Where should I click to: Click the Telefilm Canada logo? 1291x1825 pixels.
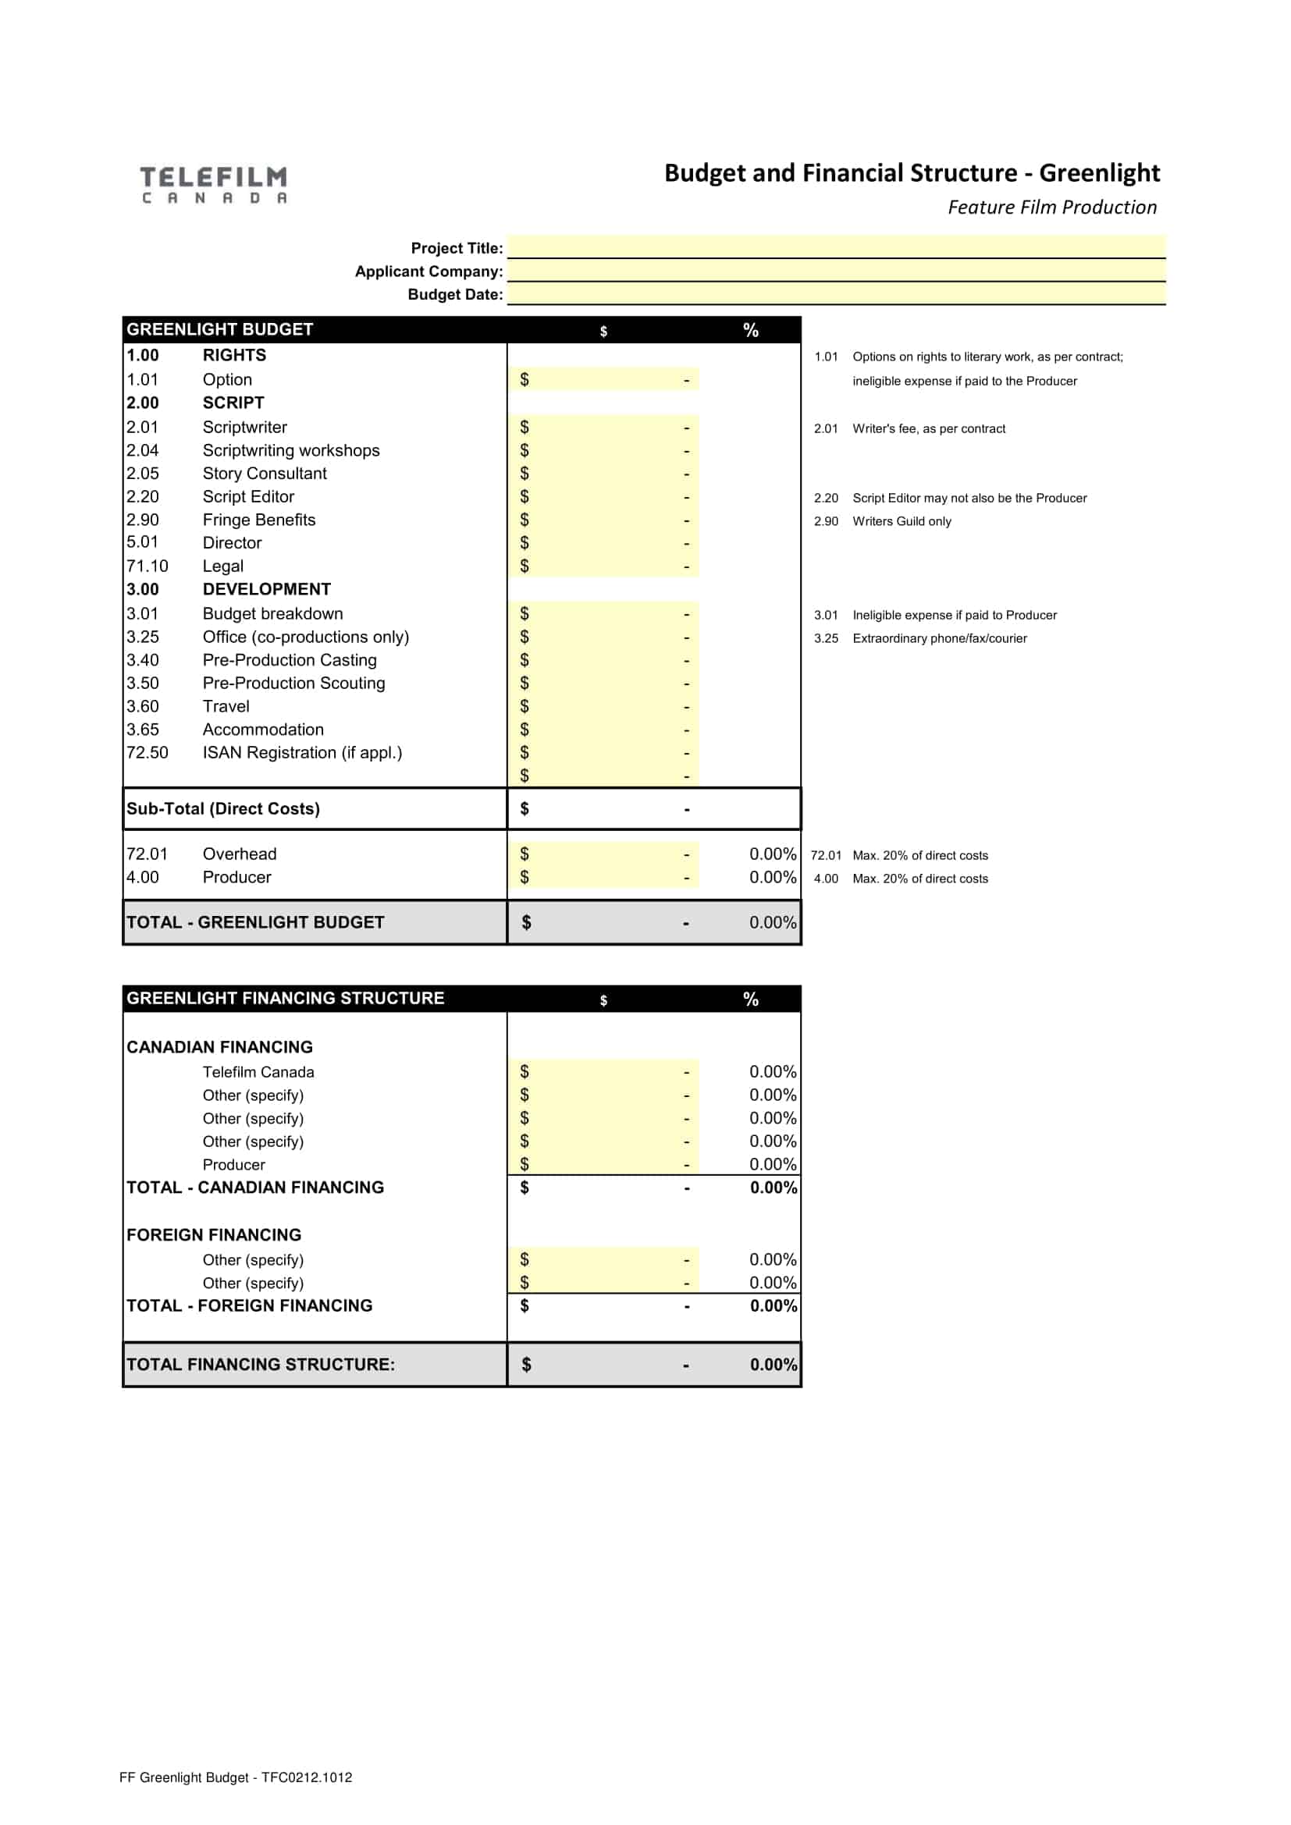click(x=214, y=184)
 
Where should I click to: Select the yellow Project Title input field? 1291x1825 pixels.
click(x=835, y=247)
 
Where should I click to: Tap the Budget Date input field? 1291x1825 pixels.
click(x=835, y=294)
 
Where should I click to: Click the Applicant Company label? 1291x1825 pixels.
click(x=429, y=271)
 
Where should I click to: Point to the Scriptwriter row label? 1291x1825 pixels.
click(x=244, y=427)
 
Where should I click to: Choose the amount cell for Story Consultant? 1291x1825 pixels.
click(x=603, y=474)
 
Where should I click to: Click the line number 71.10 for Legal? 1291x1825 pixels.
click(x=147, y=566)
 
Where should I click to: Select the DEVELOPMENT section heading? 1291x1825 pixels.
click(x=266, y=589)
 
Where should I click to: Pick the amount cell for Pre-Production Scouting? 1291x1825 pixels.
click(x=603, y=683)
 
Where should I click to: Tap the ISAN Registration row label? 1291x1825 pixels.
click(x=302, y=753)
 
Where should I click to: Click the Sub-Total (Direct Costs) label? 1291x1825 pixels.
click(x=222, y=808)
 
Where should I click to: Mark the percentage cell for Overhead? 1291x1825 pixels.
click(x=772, y=854)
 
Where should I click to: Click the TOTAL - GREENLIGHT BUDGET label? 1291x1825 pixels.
click(x=255, y=922)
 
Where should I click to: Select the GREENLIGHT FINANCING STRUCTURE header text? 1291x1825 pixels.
click(x=286, y=998)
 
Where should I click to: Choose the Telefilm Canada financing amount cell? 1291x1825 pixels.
click(x=603, y=1071)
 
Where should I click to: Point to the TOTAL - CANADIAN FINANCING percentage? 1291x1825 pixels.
click(x=773, y=1188)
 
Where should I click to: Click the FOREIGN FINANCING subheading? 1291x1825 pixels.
click(x=214, y=1234)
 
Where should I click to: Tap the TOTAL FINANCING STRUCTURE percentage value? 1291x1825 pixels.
click(x=773, y=1364)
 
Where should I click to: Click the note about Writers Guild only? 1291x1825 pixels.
click(x=902, y=521)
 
